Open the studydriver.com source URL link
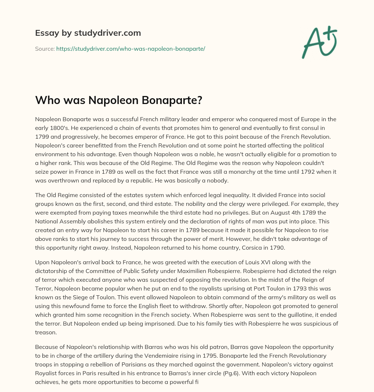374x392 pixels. (130, 49)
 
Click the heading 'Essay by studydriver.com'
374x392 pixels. (88, 33)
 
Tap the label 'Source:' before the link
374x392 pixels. (45, 49)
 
